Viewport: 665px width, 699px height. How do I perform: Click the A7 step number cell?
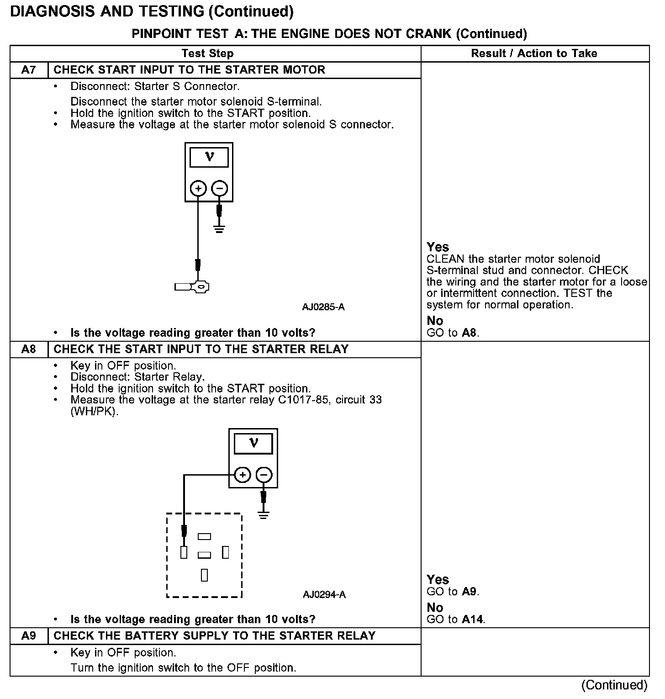click(28, 70)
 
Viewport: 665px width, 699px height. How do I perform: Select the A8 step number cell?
click(28, 349)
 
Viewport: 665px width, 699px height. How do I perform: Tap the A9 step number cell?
click(28, 636)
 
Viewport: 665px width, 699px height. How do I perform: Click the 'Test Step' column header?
click(207, 53)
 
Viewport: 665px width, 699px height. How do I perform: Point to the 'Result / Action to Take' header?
click(534, 53)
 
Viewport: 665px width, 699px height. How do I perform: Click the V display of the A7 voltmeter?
click(209, 157)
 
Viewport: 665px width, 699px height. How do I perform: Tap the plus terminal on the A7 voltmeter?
click(198, 188)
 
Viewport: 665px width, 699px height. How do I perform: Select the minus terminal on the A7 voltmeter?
click(220, 188)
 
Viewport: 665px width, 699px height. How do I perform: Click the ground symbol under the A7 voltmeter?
click(220, 228)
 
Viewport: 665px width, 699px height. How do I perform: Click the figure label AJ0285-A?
click(323, 307)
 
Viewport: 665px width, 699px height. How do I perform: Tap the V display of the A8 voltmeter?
click(253, 443)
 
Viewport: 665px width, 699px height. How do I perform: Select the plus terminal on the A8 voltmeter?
click(243, 475)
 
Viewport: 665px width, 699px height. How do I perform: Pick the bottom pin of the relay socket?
click(204, 575)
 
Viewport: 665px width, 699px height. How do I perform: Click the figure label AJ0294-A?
click(324, 594)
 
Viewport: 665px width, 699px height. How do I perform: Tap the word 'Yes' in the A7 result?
click(438, 247)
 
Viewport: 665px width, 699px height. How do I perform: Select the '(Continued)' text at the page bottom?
click(614, 685)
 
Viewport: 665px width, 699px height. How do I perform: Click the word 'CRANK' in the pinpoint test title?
click(428, 34)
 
